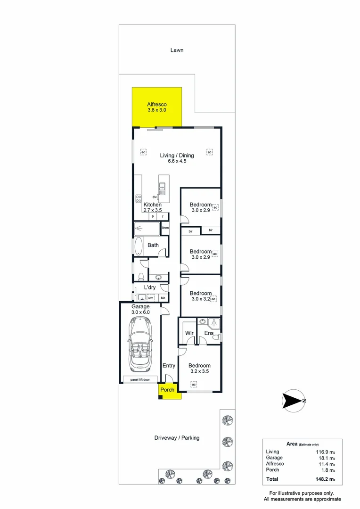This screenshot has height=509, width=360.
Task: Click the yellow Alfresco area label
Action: pyautogui.click(x=157, y=104)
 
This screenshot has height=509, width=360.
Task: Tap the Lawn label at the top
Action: pyautogui.click(x=177, y=50)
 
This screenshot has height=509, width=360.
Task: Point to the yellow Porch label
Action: pyautogui.click(x=167, y=390)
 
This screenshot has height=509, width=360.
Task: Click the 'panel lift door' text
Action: pyautogui.click(x=140, y=379)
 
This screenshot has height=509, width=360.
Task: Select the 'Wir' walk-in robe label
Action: pyautogui.click(x=189, y=333)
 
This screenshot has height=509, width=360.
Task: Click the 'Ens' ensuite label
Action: pyautogui.click(x=209, y=333)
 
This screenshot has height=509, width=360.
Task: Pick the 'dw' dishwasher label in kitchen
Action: pyautogui.click(x=154, y=197)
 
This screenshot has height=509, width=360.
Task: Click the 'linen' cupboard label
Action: pyautogui.click(x=165, y=228)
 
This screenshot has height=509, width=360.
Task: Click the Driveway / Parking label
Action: pyautogui.click(x=177, y=438)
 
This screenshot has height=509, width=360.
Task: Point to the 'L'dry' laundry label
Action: pyautogui.click(x=150, y=287)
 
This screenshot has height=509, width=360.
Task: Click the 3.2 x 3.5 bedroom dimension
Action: pyautogui.click(x=199, y=371)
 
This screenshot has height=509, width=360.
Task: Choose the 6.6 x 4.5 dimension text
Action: pyautogui.click(x=177, y=161)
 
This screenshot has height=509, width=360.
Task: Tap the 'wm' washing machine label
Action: pyautogui.click(x=151, y=298)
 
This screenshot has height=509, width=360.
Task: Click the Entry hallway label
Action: pyautogui.click(x=169, y=366)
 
